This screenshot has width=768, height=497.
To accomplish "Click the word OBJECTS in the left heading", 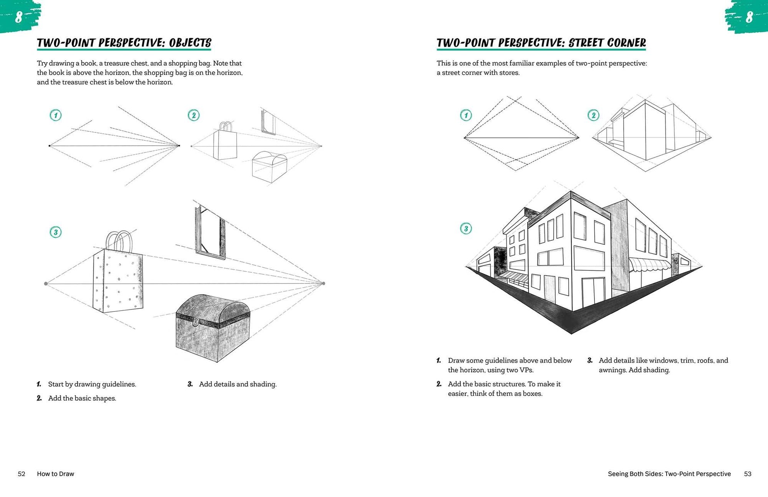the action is tap(190, 43).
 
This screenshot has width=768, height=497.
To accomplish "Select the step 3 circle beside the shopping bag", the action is tap(56, 232).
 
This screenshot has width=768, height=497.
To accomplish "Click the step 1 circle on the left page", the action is tap(56, 115).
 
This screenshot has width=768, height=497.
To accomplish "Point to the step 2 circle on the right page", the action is tap(593, 115).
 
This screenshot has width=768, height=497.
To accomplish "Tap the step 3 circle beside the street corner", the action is tap(466, 229).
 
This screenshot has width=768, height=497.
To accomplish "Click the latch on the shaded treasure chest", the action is tap(196, 321).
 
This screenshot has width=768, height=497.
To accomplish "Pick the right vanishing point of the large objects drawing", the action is tap(323, 283).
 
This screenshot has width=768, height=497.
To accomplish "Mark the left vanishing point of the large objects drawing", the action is tap(46, 283).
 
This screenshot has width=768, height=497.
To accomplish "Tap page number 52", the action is tap(22, 474).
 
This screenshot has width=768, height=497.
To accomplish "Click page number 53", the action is tap(748, 474).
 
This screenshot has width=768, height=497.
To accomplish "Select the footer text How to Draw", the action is tap(56, 474).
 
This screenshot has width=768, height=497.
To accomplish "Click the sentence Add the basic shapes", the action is tap(82, 398).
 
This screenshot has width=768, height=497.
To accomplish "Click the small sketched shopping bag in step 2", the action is tap(225, 141).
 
